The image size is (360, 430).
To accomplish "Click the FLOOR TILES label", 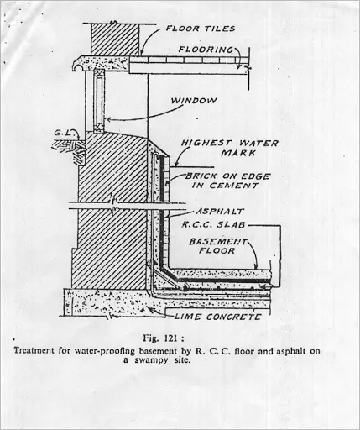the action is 201,29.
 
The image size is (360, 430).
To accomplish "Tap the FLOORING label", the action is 206,50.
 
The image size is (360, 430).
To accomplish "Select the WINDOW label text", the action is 194,101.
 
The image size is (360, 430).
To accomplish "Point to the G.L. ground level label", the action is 63,132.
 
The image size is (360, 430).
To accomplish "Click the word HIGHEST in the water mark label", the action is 206,143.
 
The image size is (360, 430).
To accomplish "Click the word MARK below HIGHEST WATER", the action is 238,153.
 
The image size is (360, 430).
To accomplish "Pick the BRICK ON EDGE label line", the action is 228,176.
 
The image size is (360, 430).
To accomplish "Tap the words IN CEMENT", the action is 225,186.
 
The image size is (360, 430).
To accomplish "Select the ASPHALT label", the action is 220,212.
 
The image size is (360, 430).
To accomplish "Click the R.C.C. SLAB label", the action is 213,224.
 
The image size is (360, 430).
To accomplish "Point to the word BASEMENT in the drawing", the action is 218,241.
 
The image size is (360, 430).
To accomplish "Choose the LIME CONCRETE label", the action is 217,317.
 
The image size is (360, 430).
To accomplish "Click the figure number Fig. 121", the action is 164,338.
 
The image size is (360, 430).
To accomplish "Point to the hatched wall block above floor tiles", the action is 115,39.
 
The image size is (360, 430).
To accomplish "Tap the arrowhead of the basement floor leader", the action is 256,266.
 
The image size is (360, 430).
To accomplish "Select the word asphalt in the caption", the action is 290,351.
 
